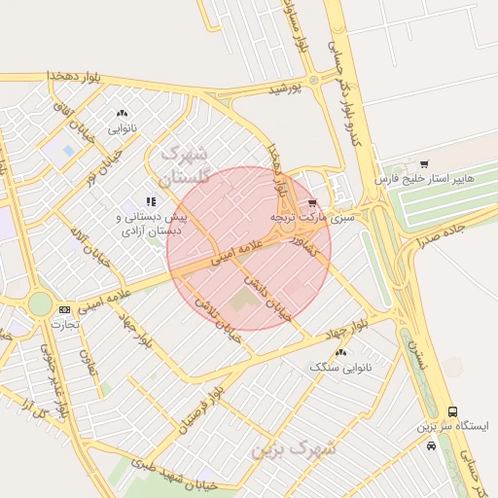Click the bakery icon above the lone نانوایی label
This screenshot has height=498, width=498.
(x=122, y=114)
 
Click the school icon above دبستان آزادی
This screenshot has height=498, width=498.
(x=150, y=201)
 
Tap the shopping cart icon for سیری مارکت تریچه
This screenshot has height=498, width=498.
(x=311, y=204)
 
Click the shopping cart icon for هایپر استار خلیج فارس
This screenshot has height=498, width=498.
(x=423, y=163)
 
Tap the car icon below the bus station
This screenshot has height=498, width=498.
(x=431, y=445)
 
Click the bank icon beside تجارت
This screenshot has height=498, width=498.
(x=64, y=309)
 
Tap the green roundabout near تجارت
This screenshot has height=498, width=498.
(x=39, y=304)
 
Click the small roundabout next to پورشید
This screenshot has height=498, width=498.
(x=313, y=81)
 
